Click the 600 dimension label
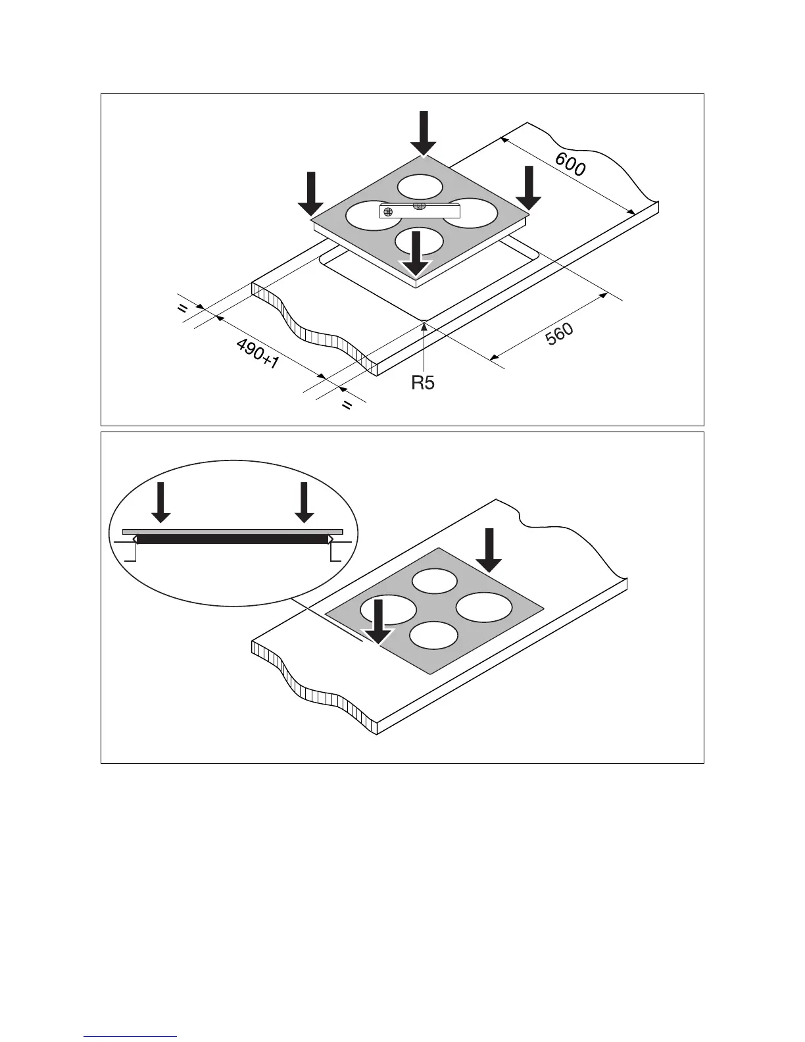coord(570,164)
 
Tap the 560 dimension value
coord(559,335)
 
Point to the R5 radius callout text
coord(423,382)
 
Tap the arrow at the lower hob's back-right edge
coord(489,549)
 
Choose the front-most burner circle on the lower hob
coord(433,636)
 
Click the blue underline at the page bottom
coord(130,1037)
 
